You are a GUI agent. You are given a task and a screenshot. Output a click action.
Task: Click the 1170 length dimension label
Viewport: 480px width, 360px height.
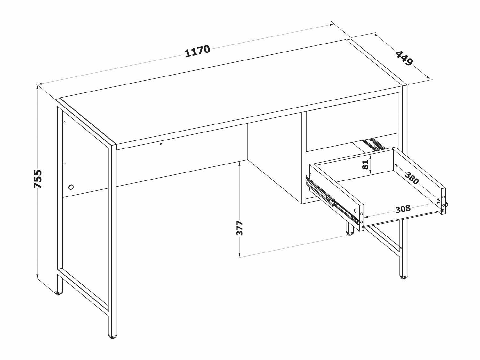point(197,51)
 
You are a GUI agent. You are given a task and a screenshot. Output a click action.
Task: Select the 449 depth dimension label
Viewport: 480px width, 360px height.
point(404,58)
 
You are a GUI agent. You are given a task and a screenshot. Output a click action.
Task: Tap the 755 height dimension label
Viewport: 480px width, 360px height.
point(38,179)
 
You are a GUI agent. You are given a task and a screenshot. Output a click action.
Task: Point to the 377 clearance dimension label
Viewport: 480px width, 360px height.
point(240,228)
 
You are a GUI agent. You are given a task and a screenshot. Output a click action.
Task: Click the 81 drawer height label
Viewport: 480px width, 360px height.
point(365,164)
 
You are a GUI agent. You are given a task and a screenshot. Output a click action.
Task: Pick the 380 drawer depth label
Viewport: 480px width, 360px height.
point(412,178)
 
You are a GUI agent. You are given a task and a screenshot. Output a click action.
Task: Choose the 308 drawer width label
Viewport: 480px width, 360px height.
point(403,209)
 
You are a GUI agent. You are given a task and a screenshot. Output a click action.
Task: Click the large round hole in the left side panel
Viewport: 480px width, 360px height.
point(71,187)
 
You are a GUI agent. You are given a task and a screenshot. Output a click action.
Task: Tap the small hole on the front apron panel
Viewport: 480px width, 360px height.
point(161,144)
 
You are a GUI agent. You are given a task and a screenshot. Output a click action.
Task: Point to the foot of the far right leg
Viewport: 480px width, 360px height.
point(404,278)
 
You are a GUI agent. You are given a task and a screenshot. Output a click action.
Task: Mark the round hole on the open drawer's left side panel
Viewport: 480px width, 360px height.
point(355,211)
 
